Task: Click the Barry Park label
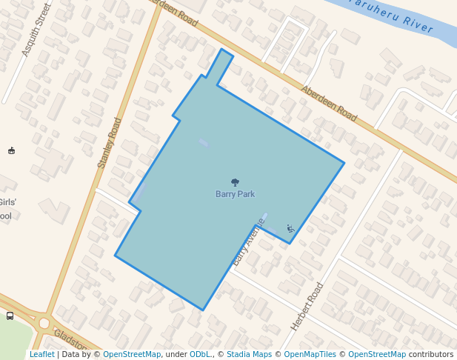(235, 194)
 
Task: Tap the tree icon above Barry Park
(235, 182)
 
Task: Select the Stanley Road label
(110, 142)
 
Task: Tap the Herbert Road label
(307, 307)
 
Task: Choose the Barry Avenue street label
(249, 241)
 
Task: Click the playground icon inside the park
(290, 228)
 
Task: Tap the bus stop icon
(10, 316)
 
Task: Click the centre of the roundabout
(44, 323)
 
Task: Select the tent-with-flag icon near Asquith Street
(11, 151)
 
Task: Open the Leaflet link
(41, 354)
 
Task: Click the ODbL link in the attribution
(200, 354)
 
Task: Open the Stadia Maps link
(249, 354)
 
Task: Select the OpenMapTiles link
(310, 354)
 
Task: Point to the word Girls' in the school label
(7, 202)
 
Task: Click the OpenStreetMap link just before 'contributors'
(377, 354)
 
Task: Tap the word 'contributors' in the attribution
(431, 354)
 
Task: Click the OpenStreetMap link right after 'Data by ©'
(132, 354)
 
